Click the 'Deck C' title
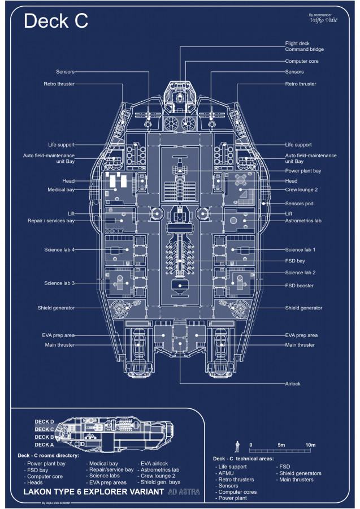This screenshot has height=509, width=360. tap(56, 21)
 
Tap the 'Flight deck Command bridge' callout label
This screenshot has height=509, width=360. tap(305, 46)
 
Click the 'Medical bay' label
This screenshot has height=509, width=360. tap(61, 190)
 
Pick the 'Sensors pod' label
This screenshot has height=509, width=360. tap(300, 203)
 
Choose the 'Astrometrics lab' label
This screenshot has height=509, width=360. tap(303, 221)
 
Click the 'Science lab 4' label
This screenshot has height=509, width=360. tap(59, 249)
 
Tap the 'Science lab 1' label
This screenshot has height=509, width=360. tap(300, 249)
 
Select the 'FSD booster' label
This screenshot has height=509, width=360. tap(300, 286)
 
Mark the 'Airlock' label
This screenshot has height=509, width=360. tap(293, 383)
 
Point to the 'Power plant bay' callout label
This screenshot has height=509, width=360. tap(303, 170)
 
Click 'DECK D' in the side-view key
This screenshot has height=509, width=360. tap(45, 421)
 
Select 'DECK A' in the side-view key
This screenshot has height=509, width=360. tap(45, 445)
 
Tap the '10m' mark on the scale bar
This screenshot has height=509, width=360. tap(310, 445)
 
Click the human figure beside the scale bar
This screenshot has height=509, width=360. tap(238, 445)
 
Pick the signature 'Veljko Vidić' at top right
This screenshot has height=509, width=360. tap(324, 20)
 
